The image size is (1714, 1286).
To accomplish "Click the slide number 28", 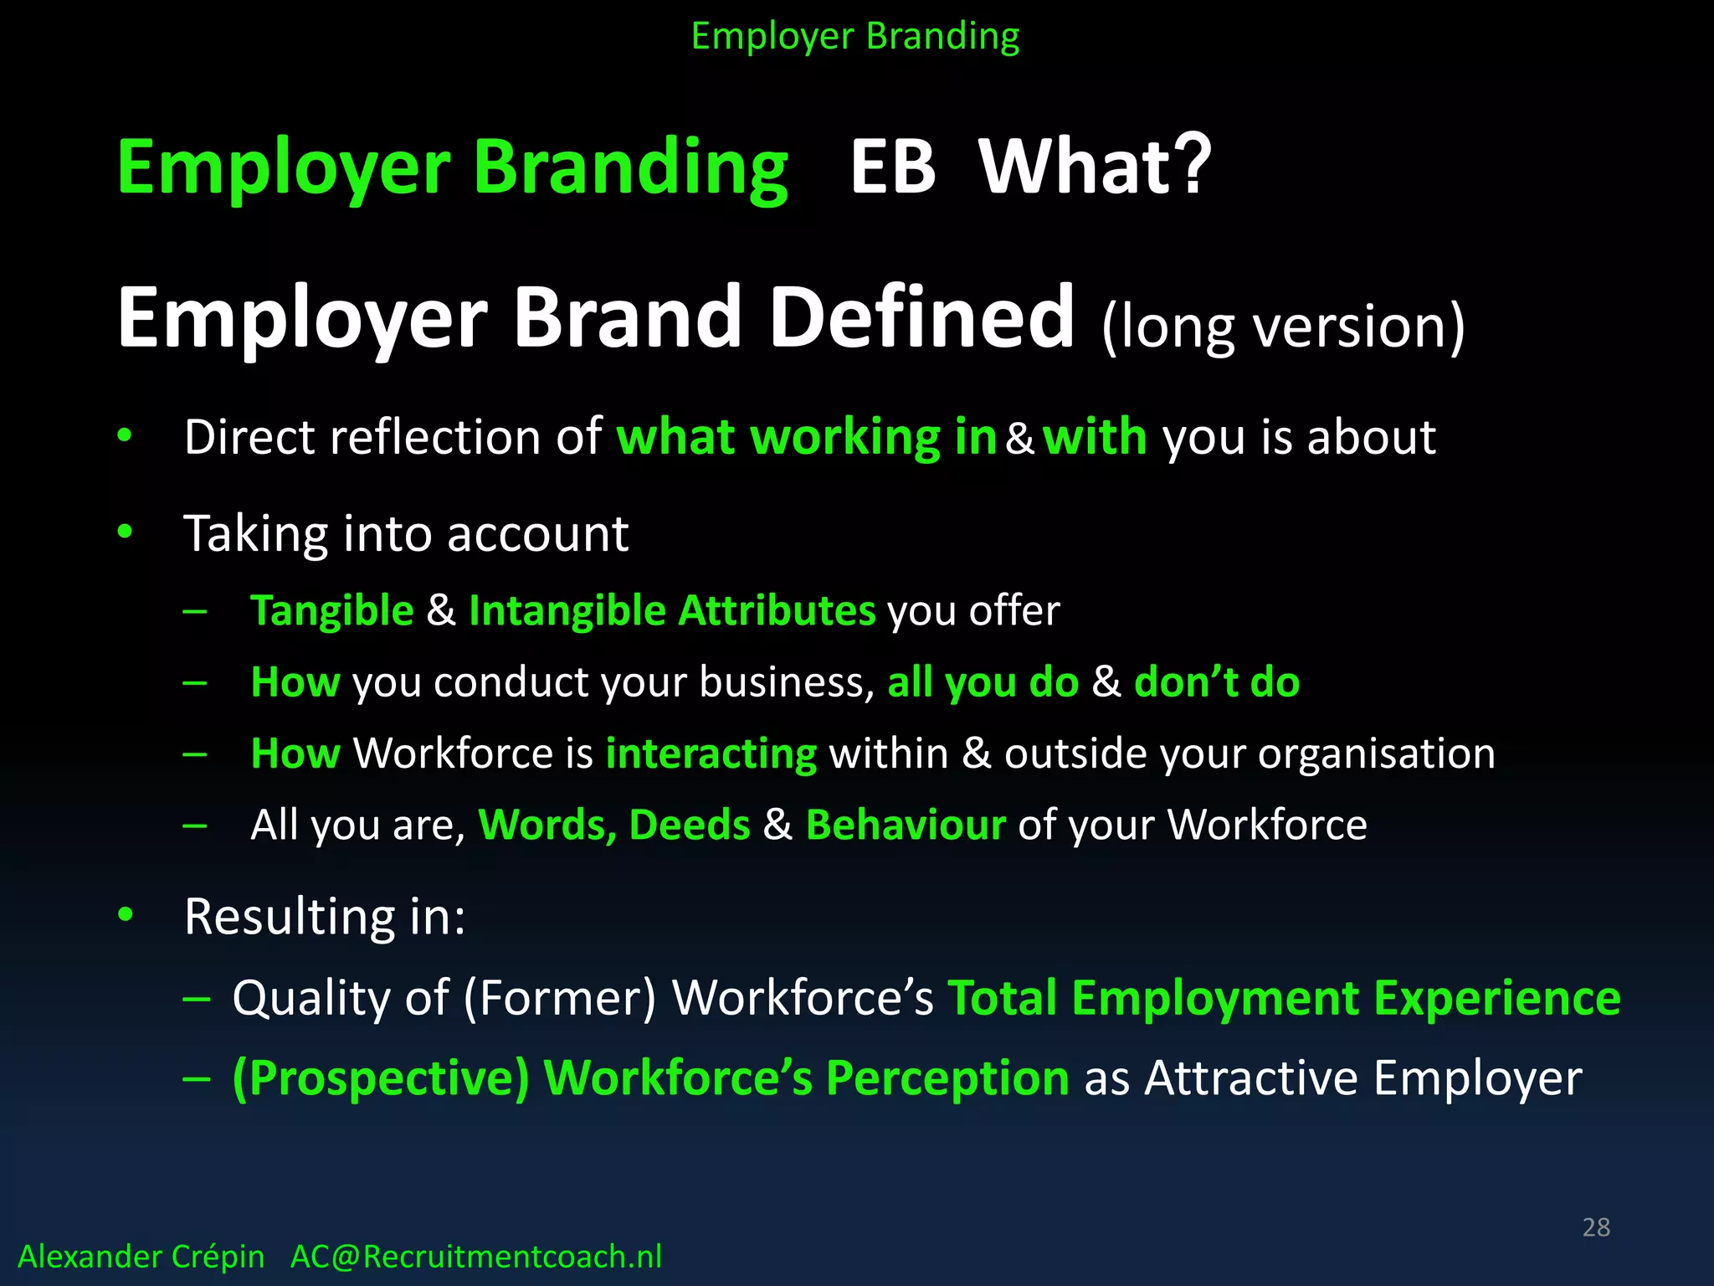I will tap(1596, 1227).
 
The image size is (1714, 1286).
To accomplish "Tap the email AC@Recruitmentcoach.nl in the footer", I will tap(475, 1257).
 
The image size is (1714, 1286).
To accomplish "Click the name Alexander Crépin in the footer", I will tap(141, 1257).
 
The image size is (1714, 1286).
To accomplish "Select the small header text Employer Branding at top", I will tap(855, 37).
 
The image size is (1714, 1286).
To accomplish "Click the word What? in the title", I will tap(1095, 167).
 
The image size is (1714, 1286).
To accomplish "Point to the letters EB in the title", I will tap(892, 167).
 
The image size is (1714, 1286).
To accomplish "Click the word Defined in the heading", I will tap(921, 318).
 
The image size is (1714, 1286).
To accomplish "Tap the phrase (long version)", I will tap(1283, 327).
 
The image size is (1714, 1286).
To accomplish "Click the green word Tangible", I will tap(332, 611).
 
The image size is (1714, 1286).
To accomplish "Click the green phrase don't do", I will tap(1216, 682).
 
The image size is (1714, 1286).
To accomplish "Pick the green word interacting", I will tap(711, 754).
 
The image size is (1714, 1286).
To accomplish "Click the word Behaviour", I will tap(906, 825).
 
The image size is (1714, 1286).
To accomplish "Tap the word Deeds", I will tap(689, 825).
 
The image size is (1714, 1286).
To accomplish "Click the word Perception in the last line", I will tap(947, 1078).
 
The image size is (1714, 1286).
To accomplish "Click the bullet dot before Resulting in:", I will tap(126, 914).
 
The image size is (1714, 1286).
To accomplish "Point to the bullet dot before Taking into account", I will tap(126, 531).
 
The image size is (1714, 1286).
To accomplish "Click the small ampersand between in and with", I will tap(1019, 439).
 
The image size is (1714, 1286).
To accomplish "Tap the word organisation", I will tap(1376, 754).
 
